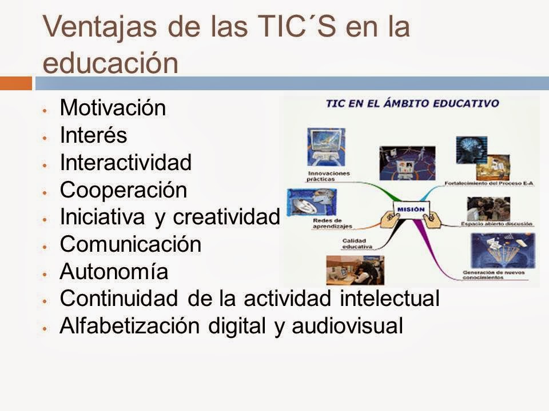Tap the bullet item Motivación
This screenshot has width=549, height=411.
point(113,108)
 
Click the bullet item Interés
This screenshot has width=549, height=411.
point(93,135)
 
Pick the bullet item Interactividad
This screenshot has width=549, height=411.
point(125,163)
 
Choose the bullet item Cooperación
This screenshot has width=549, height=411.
point(123,190)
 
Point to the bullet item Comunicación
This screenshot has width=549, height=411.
point(130,244)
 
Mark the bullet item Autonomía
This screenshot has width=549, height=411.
point(114,272)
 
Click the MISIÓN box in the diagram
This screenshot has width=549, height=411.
point(410,209)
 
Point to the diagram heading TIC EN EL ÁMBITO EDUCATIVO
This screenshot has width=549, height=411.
point(412,104)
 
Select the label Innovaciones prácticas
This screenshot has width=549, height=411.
point(329,175)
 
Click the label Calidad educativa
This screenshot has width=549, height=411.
point(357,244)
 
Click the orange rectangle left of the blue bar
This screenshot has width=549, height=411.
point(15,83)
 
